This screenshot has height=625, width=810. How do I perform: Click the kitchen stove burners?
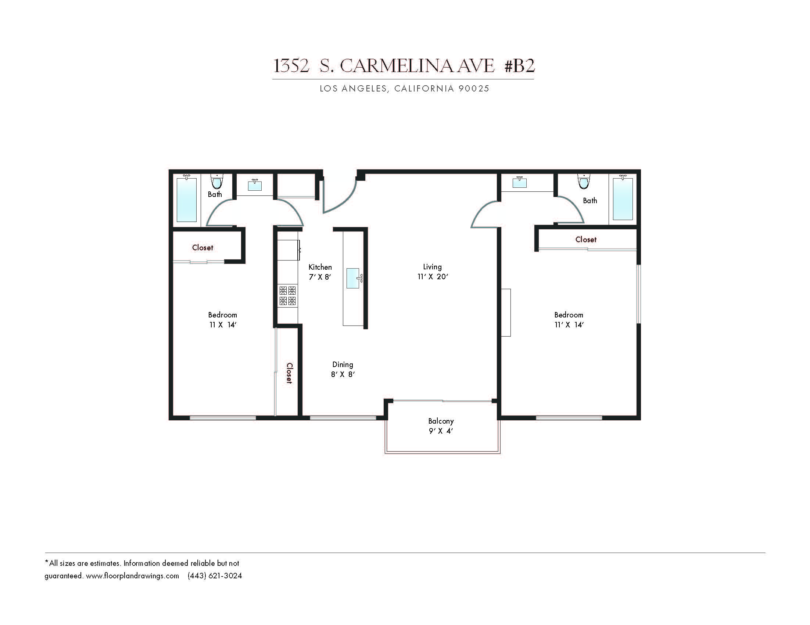[287, 295]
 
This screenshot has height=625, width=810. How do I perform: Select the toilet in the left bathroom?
[217, 181]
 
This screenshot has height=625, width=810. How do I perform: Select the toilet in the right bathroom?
[584, 181]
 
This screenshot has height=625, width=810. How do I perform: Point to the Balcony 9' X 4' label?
[441, 426]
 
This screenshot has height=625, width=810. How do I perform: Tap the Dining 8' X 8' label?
[343, 369]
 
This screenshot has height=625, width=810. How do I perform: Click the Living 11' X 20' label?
[433, 272]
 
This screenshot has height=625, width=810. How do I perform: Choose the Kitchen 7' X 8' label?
[320, 272]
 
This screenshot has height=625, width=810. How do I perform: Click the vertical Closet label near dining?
[289, 373]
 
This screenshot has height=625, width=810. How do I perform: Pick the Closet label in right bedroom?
[586, 240]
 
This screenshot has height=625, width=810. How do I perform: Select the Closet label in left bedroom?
[202, 247]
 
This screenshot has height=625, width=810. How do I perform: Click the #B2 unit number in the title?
[519, 66]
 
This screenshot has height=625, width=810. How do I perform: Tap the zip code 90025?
[474, 89]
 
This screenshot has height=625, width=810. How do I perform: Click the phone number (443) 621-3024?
[215, 576]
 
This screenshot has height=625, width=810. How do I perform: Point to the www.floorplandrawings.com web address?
[132, 576]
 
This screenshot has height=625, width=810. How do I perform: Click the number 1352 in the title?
[291, 66]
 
